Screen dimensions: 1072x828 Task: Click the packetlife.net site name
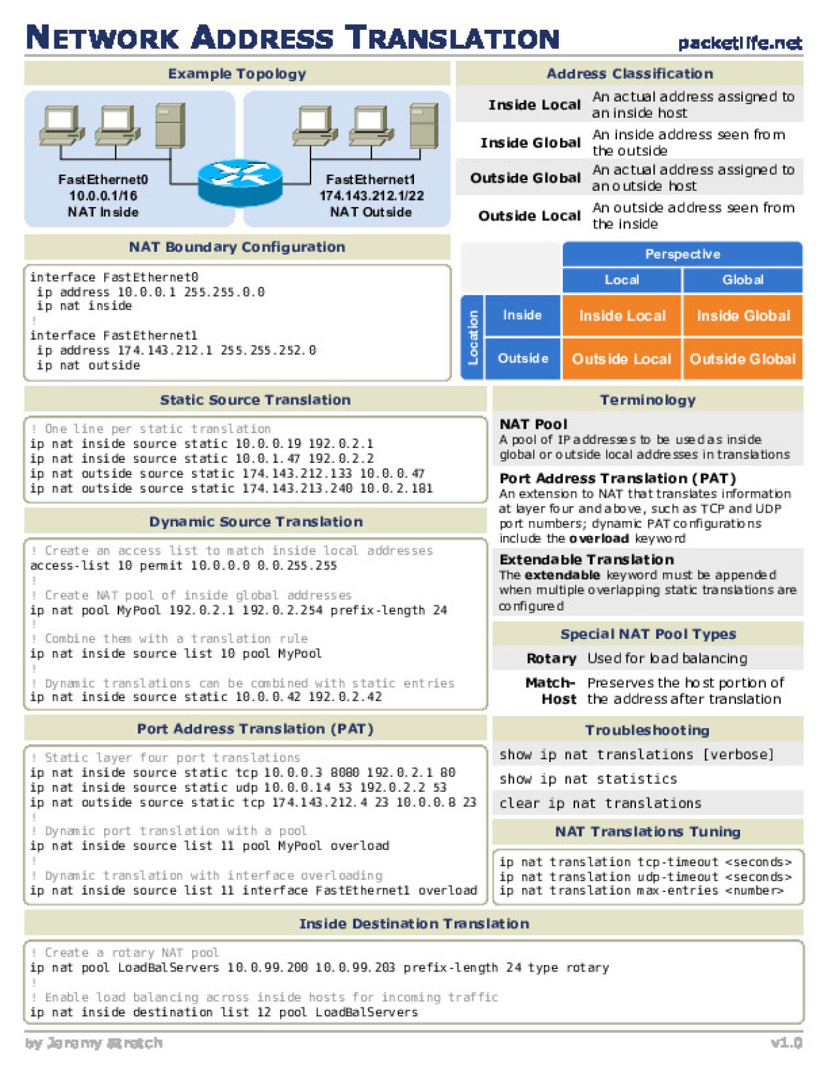[x=739, y=43]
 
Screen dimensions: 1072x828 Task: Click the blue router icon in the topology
[x=240, y=182]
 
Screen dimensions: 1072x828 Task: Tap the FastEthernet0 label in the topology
[x=103, y=179]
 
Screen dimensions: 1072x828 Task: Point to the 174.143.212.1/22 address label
[x=371, y=195]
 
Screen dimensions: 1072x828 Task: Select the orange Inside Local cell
[x=622, y=316]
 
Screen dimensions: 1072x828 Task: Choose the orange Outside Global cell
[x=743, y=359]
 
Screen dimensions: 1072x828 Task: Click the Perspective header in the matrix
[x=682, y=254]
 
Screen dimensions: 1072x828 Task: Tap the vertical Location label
[x=473, y=337]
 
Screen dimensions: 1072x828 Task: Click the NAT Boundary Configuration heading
[x=237, y=247]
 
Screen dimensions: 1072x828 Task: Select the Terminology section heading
[x=648, y=399]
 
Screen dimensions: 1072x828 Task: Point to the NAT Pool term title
[x=533, y=424]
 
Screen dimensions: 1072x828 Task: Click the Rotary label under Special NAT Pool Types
[x=551, y=658]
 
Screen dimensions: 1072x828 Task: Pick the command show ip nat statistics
[x=588, y=779]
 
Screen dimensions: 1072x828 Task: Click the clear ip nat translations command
[x=600, y=803]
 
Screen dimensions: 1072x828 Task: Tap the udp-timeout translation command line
[x=645, y=877]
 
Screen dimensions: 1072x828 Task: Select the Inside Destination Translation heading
[x=414, y=924]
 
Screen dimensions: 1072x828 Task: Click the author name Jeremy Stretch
[x=94, y=1043]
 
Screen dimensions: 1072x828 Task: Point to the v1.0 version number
[x=786, y=1043]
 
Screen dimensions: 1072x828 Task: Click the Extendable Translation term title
[x=586, y=559]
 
